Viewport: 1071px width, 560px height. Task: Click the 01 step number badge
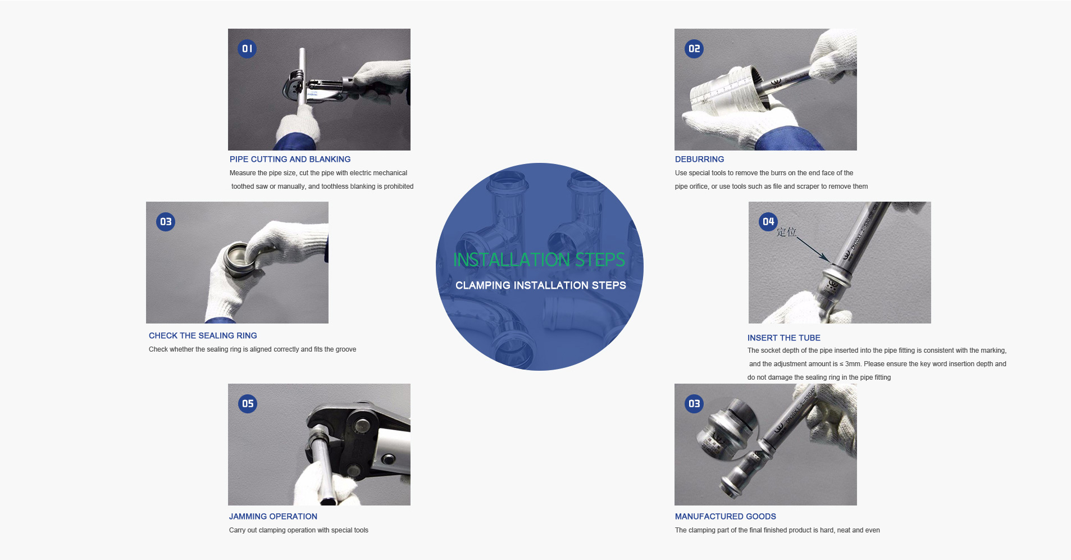[247, 49]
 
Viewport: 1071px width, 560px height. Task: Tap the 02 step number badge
[694, 49]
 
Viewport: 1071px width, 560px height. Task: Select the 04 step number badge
[768, 222]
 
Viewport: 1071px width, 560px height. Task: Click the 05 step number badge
[248, 404]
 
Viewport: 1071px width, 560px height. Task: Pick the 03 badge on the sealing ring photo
[166, 222]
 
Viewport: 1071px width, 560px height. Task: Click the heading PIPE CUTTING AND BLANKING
[290, 160]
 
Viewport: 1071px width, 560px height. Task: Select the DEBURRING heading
[699, 160]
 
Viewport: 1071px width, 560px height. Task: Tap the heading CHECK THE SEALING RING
[203, 336]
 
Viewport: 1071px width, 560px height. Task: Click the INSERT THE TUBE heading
[783, 338]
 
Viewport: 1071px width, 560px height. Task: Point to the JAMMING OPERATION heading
[273, 517]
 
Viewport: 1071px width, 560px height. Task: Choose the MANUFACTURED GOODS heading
[725, 517]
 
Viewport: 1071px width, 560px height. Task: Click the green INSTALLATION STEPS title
[539, 259]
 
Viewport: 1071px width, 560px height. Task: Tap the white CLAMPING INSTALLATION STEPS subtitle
[540, 285]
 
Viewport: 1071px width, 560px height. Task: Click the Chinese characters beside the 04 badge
[786, 232]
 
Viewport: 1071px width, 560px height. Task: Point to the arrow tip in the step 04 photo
[828, 260]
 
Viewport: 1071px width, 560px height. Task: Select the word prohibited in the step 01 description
[398, 186]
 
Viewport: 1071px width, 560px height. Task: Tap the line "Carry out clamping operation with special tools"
[298, 530]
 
